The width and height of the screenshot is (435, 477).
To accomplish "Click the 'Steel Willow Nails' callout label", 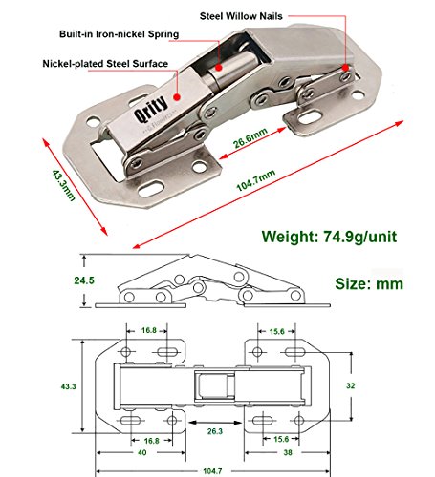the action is point(241,16).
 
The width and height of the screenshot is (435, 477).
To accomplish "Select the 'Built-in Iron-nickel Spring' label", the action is point(120,34).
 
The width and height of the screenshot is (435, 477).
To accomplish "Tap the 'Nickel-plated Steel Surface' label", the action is point(105,64).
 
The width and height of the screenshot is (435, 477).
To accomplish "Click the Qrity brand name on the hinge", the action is point(151,109).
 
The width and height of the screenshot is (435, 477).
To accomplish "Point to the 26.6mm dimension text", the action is point(250,138).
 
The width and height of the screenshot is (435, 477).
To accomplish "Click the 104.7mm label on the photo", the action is point(256,180).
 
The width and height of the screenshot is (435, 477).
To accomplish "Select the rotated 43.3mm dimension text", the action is point(63,185).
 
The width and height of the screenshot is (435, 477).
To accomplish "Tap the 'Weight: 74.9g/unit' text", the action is point(329,237).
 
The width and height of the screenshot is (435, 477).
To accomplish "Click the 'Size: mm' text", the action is point(369,283).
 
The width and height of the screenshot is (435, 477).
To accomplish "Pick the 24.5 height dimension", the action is point(84,280).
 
